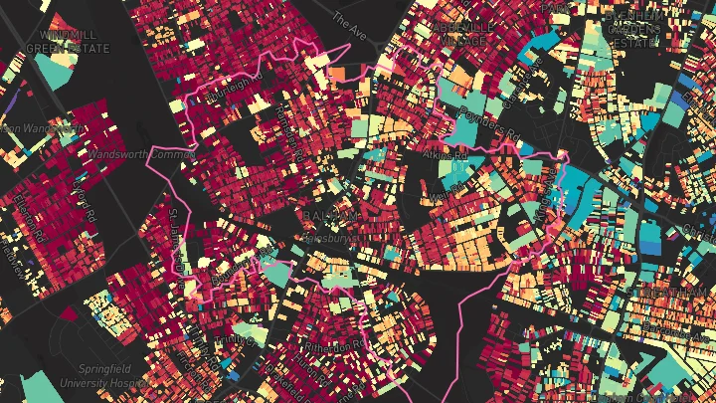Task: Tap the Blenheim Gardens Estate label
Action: point(634,30)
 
